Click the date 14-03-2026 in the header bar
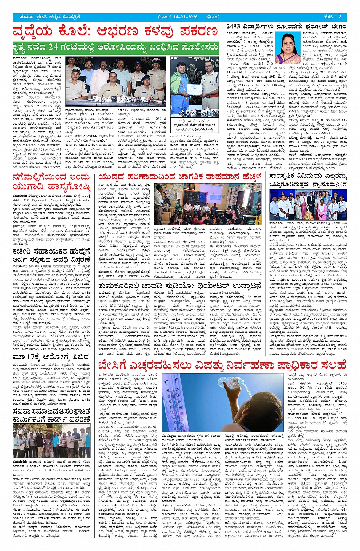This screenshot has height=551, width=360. pyautogui.click(x=186, y=17)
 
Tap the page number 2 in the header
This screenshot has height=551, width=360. pyautogui.click(x=340, y=17)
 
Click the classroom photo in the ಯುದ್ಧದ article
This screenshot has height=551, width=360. pyautogui.click(x=208, y=204)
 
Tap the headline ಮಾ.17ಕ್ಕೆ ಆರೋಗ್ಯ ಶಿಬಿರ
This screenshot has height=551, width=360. pyautogui.click(x=51, y=357)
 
